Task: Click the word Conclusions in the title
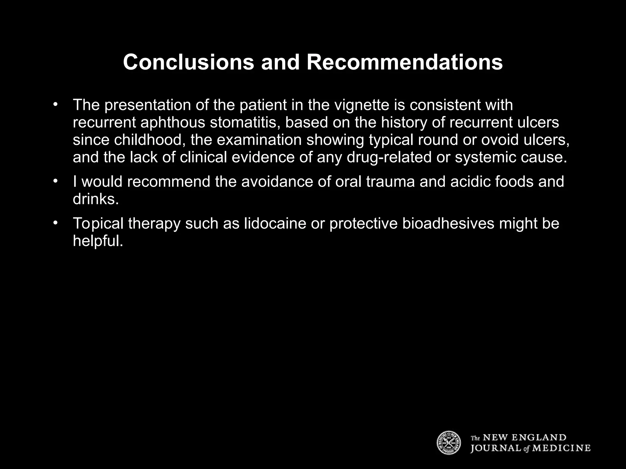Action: (x=188, y=62)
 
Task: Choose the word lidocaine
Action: (x=275, y=224)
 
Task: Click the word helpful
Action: (x=98, y=241)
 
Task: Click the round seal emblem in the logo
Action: (x=448, y=442)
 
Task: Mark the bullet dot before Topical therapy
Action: (x=55, y=223)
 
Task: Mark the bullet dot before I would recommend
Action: (x=55, y=181)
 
